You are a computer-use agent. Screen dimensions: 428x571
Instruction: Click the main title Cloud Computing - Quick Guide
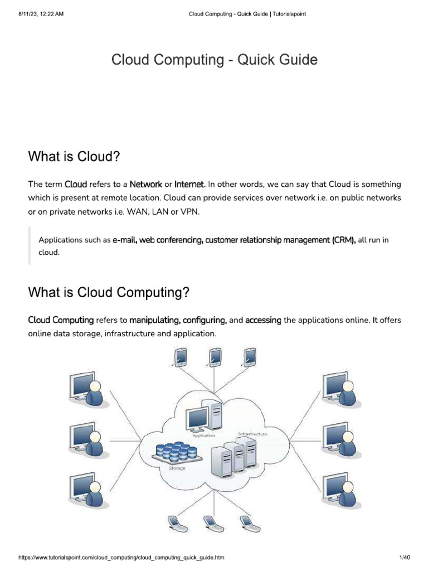[x=215, y=60]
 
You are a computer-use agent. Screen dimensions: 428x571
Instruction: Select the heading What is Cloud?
[x=74, y=157]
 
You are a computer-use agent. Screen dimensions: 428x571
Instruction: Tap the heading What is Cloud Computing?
[x=109, y=292]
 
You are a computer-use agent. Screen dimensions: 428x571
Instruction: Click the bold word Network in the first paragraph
[x=146, y=184]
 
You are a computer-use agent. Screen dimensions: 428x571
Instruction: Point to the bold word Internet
[x=189, y=184]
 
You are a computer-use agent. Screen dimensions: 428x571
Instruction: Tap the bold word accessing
[x=263, y=321]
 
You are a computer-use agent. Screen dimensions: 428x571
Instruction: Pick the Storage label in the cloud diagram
[x=177, y=468]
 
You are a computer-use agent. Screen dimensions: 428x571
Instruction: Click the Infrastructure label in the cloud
[x=252, y=434]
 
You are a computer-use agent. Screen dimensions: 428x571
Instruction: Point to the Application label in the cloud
[x=204, y=435]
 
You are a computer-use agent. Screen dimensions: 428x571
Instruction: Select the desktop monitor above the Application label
[x=197, y=419]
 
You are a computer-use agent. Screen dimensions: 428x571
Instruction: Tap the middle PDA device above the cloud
[x=214, y=357]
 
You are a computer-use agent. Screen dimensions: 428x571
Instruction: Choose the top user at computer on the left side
[x=89, y=389]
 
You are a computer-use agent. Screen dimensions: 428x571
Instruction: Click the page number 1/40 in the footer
[x=405, y=557]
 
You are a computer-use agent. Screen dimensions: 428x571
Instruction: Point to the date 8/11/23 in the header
[x=28, y=14]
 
